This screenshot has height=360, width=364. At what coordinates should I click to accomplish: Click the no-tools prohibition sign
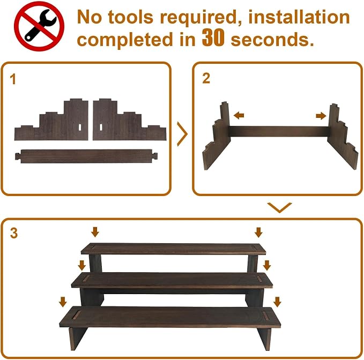39,26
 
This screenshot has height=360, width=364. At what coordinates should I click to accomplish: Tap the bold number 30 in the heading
213,37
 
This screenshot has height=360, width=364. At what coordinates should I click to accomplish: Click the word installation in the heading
299,17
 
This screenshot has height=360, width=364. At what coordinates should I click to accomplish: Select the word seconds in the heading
272,40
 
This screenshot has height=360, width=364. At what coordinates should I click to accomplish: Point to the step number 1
13,79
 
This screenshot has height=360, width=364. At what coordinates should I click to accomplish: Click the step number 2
206,78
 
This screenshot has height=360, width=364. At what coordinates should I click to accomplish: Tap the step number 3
14,233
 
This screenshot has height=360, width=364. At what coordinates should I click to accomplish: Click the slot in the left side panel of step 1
80,127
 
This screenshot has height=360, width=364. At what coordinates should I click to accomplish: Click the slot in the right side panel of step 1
101,127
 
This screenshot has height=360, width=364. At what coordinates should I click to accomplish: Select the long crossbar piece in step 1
86,156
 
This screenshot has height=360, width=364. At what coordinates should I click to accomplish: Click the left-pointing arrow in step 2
239,115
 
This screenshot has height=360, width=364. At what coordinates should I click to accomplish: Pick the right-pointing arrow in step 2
321,116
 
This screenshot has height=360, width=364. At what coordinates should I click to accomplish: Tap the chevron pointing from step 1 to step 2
182,134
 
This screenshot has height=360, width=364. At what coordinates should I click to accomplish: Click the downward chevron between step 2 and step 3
279,207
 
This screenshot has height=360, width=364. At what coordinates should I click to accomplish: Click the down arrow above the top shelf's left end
95,232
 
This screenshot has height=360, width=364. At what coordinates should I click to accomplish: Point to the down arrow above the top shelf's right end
258,232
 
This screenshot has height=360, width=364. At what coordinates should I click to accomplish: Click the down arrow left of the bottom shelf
63,302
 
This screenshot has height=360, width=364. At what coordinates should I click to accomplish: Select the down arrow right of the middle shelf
267,265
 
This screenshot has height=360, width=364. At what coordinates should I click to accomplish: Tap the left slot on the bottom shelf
76,315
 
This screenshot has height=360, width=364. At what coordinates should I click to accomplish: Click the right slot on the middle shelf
259,279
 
